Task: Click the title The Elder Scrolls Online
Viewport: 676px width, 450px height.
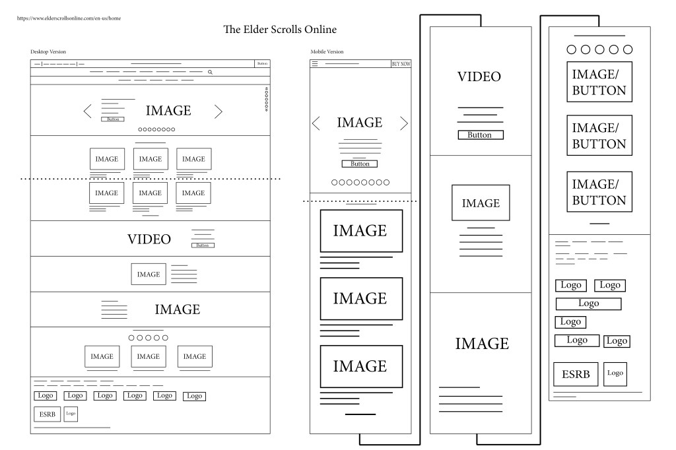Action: (280, 29)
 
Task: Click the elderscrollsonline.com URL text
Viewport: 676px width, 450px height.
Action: (69, 18)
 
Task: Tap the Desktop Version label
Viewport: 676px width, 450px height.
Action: (48, 51)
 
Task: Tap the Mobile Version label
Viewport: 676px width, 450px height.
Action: (327, 51)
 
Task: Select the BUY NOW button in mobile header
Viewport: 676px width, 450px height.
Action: (401, 64)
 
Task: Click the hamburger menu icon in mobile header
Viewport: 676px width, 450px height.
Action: (315, 64)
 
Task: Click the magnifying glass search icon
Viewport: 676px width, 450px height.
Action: (211, 72)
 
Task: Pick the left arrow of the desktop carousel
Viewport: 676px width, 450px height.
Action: (88, 112)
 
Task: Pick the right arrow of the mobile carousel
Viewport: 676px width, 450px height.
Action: (404, 123)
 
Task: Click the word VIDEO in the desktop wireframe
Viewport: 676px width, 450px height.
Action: (149, 240)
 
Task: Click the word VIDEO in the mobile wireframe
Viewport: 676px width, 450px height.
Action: (479, 77)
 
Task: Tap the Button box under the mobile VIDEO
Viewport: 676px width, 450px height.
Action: (481, 135)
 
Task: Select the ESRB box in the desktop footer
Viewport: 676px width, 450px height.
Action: (48, 414)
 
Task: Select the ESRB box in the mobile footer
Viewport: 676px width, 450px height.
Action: (576, 374)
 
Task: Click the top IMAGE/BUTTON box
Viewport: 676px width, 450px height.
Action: (599, 82)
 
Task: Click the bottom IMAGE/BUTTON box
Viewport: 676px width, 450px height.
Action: (599, 192)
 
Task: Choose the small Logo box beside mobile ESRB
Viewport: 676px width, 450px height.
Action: (615, 373)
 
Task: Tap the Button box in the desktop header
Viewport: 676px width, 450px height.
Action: (262, 64)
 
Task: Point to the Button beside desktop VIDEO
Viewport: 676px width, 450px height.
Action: (203, 245)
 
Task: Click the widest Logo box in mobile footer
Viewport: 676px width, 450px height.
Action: (588, 304)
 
